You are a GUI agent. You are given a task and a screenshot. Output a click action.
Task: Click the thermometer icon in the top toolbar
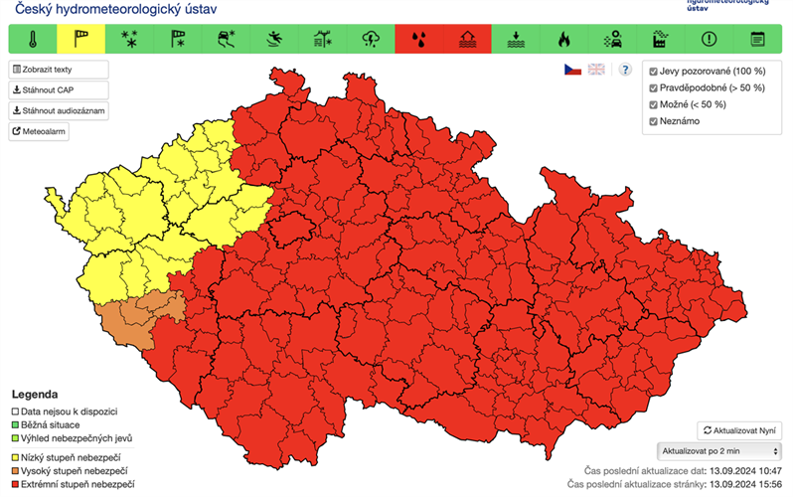click(x=33, y=40)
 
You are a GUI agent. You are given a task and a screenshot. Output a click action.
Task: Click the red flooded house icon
click(x=467, y=40)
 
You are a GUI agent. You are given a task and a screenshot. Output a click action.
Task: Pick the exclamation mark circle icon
click(x=709, y=40)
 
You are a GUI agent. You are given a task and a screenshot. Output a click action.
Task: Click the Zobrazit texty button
click(x=56, y=70)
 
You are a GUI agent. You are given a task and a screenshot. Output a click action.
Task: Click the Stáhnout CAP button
click(x=50, y=90)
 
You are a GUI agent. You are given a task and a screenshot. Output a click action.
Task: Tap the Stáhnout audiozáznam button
click(x=59, y=110)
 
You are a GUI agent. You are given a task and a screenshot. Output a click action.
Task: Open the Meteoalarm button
click(x=40, y=131)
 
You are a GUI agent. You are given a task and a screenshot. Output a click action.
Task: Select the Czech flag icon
click(x=572, y=70)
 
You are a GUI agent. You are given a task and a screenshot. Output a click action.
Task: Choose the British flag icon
click(x=596, y=70)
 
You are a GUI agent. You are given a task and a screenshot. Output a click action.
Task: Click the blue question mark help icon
click(x=625, y=70)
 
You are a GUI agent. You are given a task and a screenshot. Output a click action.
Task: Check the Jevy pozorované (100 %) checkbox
click(x=653, y=72)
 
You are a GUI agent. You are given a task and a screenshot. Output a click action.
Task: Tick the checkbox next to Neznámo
click(x=653, y=121)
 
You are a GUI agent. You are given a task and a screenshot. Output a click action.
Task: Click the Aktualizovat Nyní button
click(x=739, y=430)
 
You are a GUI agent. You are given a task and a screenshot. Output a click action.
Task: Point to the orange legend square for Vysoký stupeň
click(x=15, y=469)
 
